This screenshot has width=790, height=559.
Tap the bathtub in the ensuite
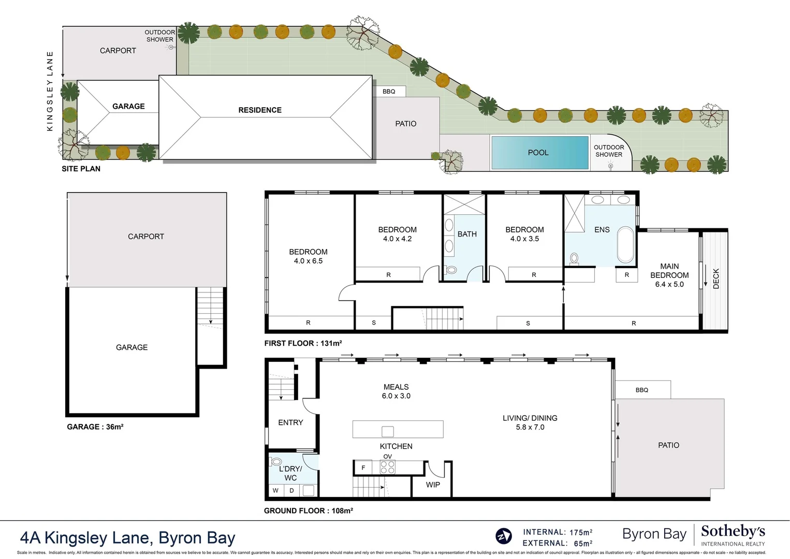pos(626,245)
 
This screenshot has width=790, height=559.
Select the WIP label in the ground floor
pos(433,485)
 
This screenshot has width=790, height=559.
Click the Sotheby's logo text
pos(733,532)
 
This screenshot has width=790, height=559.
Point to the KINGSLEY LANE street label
pos(50,91)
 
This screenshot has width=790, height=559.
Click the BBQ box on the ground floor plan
pos(642,390)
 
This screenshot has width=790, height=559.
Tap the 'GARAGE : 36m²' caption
pos(95,427)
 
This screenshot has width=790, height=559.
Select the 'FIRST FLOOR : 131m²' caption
pos(303,343)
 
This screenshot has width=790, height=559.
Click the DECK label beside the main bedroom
pos(716,278)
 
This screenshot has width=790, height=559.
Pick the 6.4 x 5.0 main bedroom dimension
pos(669,284)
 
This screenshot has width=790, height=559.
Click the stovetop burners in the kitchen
pos(388,467)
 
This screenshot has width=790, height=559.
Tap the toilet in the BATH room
pos(451,270)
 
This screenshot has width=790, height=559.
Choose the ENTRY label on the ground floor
pos(290,423)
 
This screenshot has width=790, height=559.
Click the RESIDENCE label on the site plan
pos(260,110)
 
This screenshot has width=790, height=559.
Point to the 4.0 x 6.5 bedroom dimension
pos(308,261)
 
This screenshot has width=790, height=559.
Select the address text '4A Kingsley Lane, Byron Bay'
pos(127,538)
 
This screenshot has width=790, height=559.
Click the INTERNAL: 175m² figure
pos(558,532)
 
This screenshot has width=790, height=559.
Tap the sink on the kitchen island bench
pos(388,431)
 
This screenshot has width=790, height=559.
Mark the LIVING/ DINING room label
pos(530,418)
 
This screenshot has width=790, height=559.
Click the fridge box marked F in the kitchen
pos(363,467)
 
